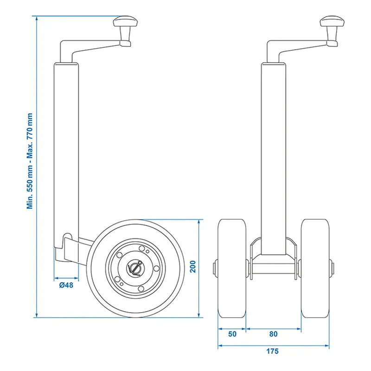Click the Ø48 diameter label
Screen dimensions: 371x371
(x=65, y=285)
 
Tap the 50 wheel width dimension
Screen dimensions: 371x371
(x=232, y=333)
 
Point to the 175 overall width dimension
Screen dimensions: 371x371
(x=273, y=351)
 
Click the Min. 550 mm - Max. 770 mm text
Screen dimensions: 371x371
(x=30, y=161)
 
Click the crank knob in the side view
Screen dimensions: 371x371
(x=125, y=23)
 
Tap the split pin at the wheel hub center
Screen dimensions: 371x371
(x=135, y=268)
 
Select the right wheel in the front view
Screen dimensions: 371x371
(x=315, y=268)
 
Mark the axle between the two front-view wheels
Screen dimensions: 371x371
(x=273, y=269)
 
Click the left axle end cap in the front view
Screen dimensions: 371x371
(x=215, y=268)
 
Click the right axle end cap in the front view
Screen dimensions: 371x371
(x=332, y=268)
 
